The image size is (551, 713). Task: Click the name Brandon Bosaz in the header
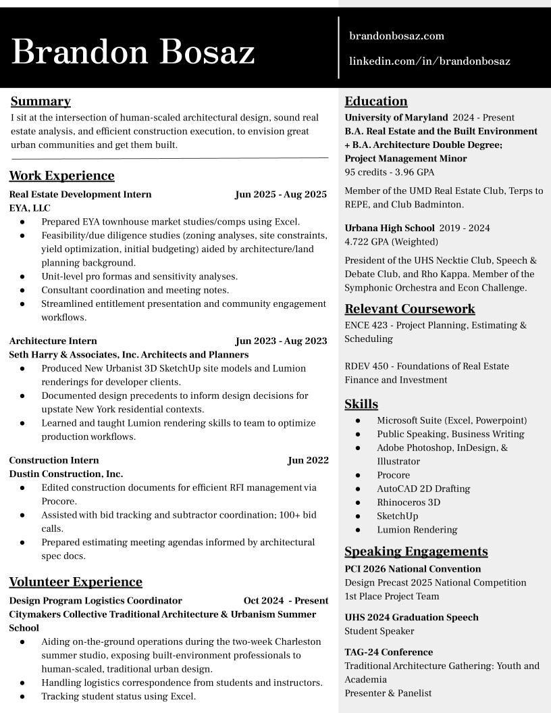pos(133,51)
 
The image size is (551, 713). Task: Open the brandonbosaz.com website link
pos(396,36)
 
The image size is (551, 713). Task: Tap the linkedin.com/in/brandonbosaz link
pos(429,62)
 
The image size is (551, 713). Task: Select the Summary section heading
pos(41,102)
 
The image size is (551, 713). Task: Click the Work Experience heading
pos(61,176)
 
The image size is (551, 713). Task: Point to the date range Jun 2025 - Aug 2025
pos(280,195)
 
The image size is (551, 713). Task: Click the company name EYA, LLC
pos(30,208)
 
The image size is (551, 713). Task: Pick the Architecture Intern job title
pos(53,341)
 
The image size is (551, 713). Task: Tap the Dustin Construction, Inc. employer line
pos(66,474)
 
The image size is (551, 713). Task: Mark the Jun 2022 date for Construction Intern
pos(308,460)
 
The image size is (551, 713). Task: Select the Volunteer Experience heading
pos(76,582)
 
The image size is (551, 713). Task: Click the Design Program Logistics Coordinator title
pos(95,600)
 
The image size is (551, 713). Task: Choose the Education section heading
pos(376,102)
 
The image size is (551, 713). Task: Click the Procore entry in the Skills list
pos(393,475)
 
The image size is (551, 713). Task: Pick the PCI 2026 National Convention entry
pos(413,569)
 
